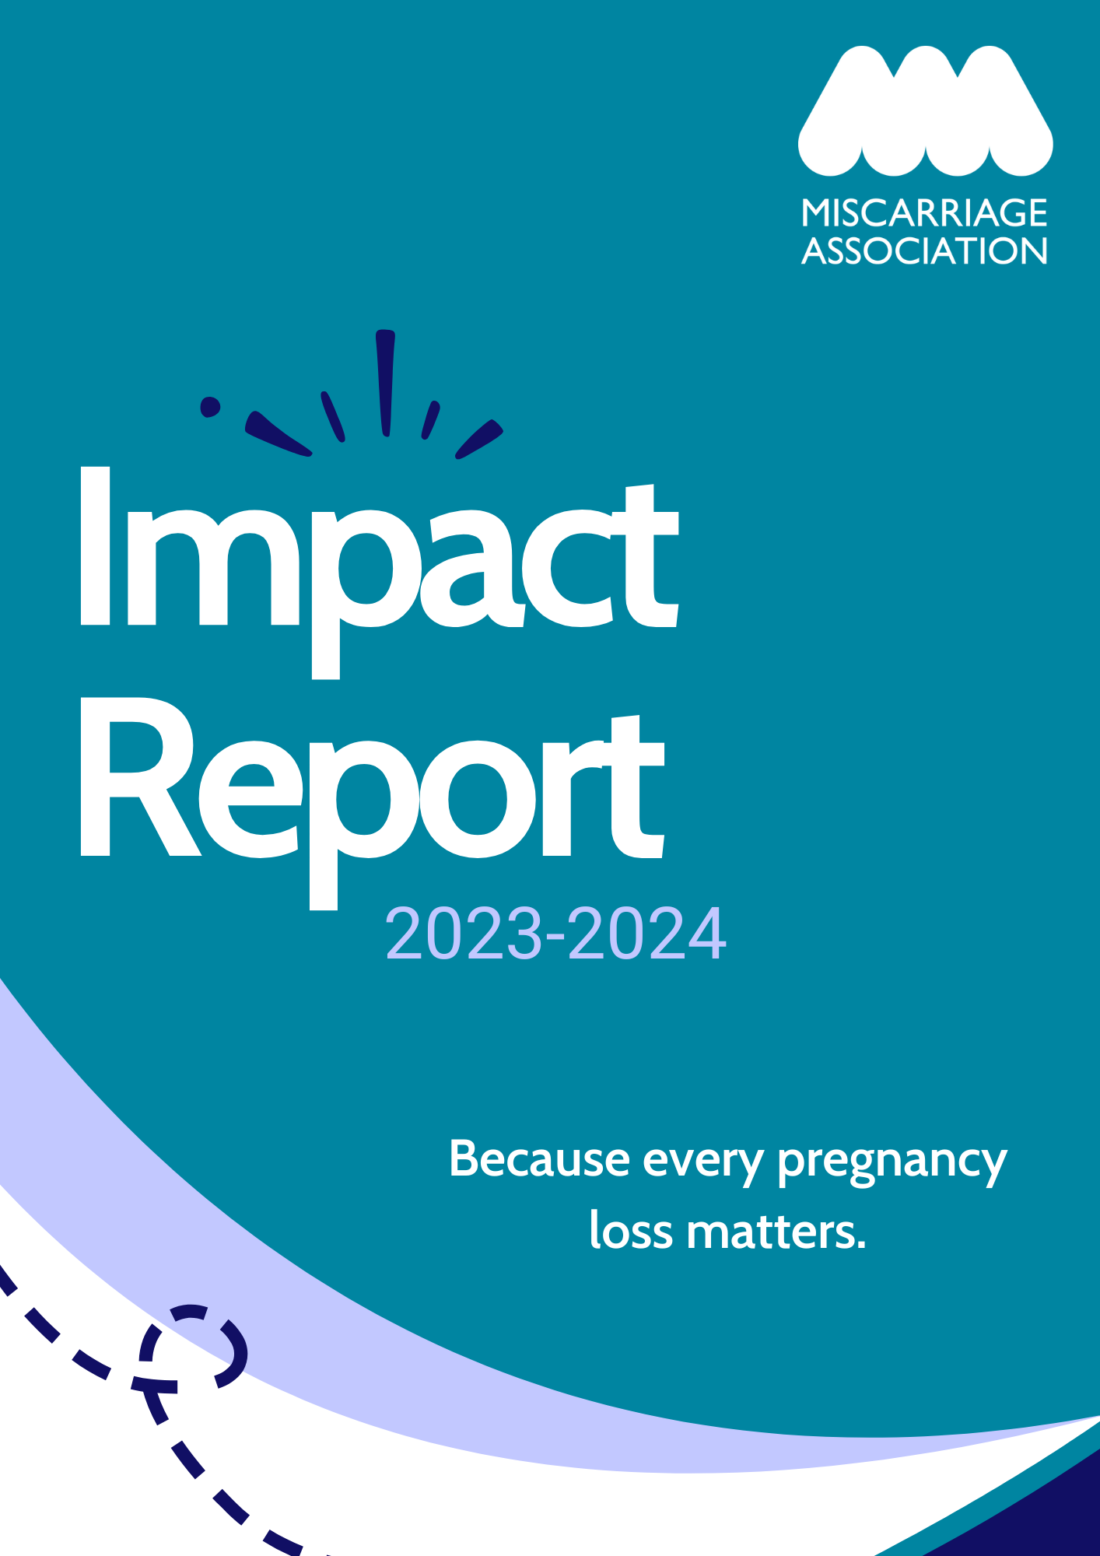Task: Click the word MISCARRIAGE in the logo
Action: (925, 212)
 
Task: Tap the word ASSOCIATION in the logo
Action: (925, 251)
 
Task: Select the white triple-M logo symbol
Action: (926, 110)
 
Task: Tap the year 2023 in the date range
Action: (464, 933)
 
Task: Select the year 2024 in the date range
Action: (647, 933)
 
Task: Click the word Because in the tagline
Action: (539, 1159)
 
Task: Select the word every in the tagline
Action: (703, 1164)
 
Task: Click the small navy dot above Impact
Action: (210, 407)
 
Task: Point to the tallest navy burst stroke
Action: (385, 382)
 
